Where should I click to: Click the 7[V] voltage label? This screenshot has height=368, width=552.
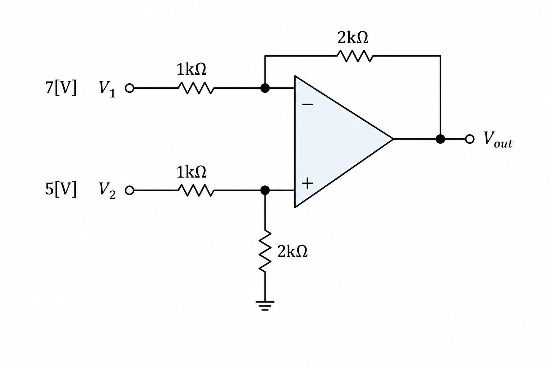tap(61, 88)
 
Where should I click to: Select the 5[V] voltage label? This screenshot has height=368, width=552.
tap(61, 189)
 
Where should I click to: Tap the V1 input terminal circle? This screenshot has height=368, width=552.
tap(129, 88)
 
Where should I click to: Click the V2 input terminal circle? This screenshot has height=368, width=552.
tap(129, 190)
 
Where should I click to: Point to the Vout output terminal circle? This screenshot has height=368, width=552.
tap(470, 139)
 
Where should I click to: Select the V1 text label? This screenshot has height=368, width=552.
tap(107, 89)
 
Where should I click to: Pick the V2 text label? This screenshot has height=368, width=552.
tap(107, 191)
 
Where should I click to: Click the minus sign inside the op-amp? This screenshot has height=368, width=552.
tap(308, 105)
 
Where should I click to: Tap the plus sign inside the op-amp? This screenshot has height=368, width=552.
tap(308, 183)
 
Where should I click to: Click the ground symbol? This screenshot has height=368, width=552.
tap(265, 305)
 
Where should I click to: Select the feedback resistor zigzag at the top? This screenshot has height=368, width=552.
tap(355, 56)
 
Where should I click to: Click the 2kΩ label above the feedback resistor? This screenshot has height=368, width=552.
tap(353, 38)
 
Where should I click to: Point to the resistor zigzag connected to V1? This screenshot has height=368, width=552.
tap(196, 88)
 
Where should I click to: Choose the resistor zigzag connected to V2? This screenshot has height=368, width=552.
tap(196, 190)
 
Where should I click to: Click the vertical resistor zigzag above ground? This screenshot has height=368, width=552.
tap(265, 251)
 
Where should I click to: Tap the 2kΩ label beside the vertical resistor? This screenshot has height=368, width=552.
tap(293, 252)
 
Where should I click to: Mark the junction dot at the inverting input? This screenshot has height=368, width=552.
tap(265, 88)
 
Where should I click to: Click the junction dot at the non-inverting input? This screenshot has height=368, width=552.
tap(265, 190)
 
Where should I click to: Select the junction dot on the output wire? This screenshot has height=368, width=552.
tap(440, 139)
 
